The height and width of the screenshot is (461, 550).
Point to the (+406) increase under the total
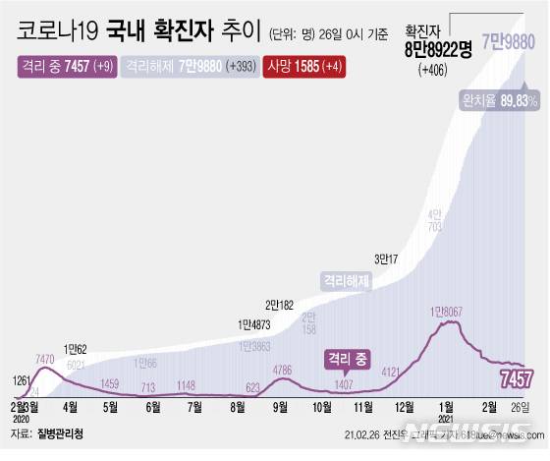432,71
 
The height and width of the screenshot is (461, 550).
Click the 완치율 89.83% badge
499,100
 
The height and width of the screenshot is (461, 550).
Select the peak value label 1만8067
452,311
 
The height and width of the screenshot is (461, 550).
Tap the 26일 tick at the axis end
522,407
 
